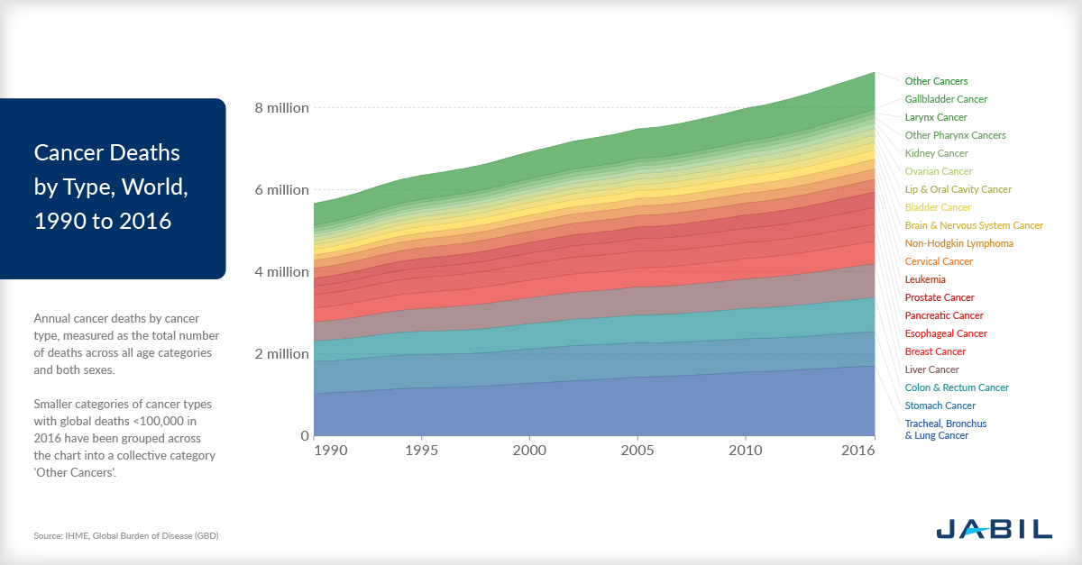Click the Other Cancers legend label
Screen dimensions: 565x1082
point(936,81)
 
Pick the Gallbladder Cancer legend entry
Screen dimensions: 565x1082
point(946,99)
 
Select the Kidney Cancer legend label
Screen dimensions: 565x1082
point(936,153)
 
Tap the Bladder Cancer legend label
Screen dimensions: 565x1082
point(938,207)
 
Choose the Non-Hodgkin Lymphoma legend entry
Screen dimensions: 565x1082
point(958,243)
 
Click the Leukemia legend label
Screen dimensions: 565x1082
point(925,279)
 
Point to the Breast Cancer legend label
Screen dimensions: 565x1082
point(935,351)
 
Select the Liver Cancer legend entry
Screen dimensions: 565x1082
point(931,369)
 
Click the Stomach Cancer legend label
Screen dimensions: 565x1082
point(940,406)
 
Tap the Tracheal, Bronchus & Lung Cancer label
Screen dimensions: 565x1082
point(945,429)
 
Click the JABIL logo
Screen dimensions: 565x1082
point(994,528)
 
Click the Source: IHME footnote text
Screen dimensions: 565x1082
point(126,535)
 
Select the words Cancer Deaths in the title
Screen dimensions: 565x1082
point(107,152)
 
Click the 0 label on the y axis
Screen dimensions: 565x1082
point(303,436)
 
